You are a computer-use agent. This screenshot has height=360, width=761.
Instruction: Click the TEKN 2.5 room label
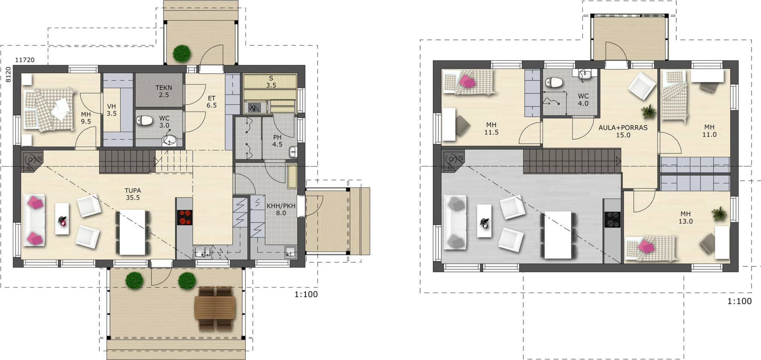pos(164,91)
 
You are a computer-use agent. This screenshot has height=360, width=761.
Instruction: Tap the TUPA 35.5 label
pos(133,194)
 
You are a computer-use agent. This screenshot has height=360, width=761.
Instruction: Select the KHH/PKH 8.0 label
pos(281,209)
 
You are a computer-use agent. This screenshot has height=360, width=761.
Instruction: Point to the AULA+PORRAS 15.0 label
pos(623,131)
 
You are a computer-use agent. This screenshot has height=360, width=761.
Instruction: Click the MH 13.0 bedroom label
pos(685,218)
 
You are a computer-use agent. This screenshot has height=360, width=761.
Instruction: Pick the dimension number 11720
pos(25,60)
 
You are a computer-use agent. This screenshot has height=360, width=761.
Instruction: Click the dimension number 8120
pos(8,75)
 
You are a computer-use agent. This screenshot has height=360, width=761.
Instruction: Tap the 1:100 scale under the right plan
pos(739,301)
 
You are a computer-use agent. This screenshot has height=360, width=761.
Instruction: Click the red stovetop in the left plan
pos(184,217)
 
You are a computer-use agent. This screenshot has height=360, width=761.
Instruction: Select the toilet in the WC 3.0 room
pos(144,120)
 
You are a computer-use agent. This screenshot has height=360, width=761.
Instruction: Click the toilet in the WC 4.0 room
pos(554,82)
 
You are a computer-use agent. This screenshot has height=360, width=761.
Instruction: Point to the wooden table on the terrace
pos(215,308)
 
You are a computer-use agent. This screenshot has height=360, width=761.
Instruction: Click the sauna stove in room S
pos(255,107)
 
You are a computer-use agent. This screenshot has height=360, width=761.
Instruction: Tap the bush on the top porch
pos(182,53)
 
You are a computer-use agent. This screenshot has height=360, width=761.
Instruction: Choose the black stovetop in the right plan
pos(612,219)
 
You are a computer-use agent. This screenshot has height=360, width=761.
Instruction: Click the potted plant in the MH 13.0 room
pos(719,214)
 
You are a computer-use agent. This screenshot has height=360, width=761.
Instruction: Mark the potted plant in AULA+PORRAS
pos(649,112)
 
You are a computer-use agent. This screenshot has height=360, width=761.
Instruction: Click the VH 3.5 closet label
pos(111,110)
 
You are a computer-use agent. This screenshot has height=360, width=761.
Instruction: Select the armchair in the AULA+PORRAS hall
pos(642,86)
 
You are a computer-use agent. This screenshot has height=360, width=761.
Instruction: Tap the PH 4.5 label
pos(277,141)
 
